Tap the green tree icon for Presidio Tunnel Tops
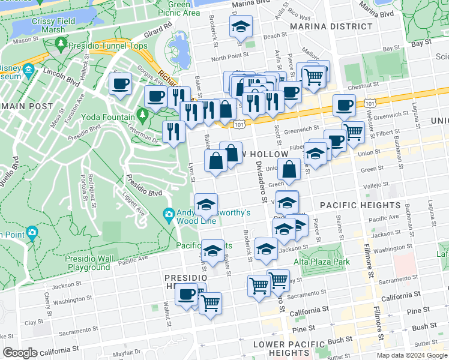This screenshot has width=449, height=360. (x=61, y=44)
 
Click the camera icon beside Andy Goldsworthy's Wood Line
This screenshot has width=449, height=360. (x=169, y=214)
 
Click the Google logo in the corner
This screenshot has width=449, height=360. (x=19, y=352)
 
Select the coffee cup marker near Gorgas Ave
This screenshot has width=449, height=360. (x=121, y=84)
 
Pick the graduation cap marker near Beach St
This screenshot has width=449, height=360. (x=241, y=28)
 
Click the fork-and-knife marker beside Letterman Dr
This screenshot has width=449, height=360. (x=173, y=132)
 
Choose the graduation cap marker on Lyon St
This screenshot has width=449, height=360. (x=206, y=205)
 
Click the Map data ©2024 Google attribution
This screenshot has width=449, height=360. (x=411, y=355)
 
